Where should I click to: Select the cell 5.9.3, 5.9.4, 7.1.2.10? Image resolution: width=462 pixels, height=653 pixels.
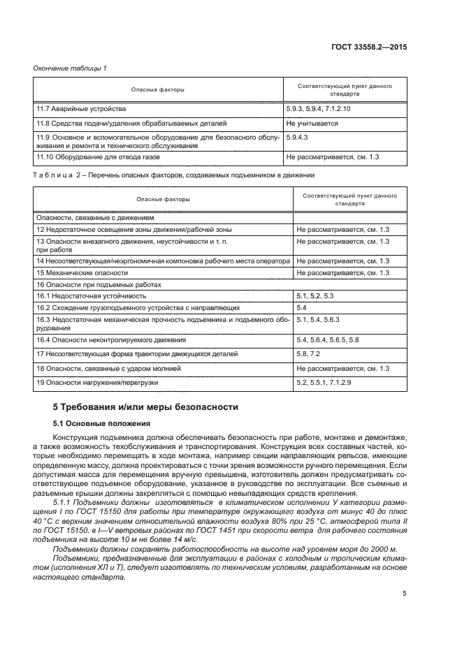pyautogui.click(x=318, y=110)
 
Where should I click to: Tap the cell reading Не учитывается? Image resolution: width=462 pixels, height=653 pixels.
pyautogui.click(x=312, y=124)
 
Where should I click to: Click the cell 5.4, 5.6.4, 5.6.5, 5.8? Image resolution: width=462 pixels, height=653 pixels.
pyautogui.click(x=327, y=339)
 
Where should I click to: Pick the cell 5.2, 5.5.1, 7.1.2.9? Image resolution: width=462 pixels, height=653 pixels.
pyautogui.click(x=323, y=383)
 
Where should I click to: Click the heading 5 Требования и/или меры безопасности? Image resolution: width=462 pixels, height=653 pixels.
pyautogui.click(x=146, y=406)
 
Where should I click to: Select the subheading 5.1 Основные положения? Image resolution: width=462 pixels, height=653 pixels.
pyautogui.click(x=100, y=423)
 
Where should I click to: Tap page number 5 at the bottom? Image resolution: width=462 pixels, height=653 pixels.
pyautogui.click(x=405, y=594)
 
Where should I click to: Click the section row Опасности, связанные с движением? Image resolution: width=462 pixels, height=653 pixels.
pyautogui.click(x=89, y=218)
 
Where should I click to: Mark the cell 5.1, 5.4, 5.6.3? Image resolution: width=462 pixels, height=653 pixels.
pyautogui.click(x=317, y=319)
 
